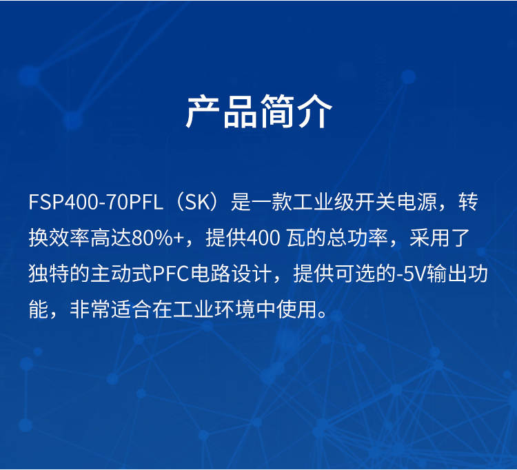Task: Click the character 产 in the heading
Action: click(x=202, y=112)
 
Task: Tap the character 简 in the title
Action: click(x=277, y=112)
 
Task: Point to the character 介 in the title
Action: click(x=315, y=112)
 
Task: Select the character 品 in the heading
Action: click(x=240, y=112)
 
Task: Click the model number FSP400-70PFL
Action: click(x=96, y=202)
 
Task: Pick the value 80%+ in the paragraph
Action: click(x=158, y=238)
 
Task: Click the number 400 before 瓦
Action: click(x=263, y=238)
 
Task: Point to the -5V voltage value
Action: click(x=411, y=274)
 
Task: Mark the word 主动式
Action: click(x=121, y=274)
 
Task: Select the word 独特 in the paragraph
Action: click(x=49, y=274)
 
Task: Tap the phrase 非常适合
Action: click(x=110, y=309)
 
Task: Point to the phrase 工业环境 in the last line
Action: click(x=214, y=309)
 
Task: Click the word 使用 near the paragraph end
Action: click(x=296, y=309)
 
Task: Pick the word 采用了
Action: click(x=439, y=238)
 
